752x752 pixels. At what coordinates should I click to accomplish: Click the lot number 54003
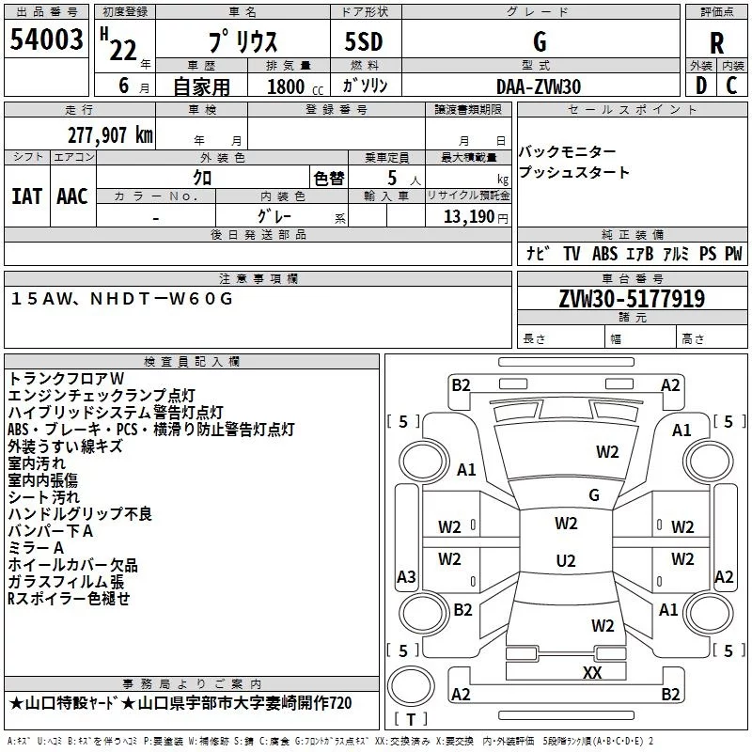pyautogui.click(x=47, y=42)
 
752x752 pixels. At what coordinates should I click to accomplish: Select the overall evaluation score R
pyautogui.click(x=716, y=43)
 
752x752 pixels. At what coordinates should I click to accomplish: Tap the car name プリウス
pyautogui.click(x=243, y=43)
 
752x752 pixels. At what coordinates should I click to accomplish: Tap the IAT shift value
pyautogui.click(x=26, y=196)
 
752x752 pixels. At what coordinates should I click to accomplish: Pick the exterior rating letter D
pyautogui.click(x=700, y=86)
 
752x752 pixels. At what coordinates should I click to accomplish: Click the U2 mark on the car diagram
pyautogui.click(x=566, y=561)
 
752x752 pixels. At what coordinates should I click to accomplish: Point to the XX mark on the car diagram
pyautogui.click(x=592, y=672)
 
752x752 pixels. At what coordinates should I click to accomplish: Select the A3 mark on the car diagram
pyautogui.click(x=406, y=576)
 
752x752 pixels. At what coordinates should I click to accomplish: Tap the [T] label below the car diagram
pyautogui.click(x=410, y=720)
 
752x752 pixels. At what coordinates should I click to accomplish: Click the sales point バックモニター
pyautogui.click(x=568, y=152)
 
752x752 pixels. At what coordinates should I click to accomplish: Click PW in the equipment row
pyautogui.click(x=733, y=254)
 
